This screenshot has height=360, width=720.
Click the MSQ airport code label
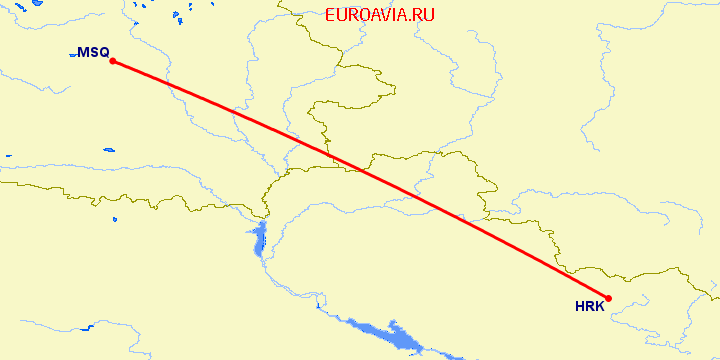coord(93,52)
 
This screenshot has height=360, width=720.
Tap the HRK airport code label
coord(590,307)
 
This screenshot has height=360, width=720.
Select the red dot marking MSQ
coord(113,61)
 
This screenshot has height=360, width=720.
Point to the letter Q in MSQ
coord(103,52)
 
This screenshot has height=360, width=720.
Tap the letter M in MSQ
coord(83,52)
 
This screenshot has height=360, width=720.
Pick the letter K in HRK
coord(599,307)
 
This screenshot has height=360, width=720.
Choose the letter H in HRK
coord(580,307)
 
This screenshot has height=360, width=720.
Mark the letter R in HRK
coord(590,307)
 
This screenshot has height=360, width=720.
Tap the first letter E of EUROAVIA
coord(331,16)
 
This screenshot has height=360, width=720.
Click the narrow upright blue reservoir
coord(258,240)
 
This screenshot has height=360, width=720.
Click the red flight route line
coord(360,179)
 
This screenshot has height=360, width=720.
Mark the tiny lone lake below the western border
coord(8,155)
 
